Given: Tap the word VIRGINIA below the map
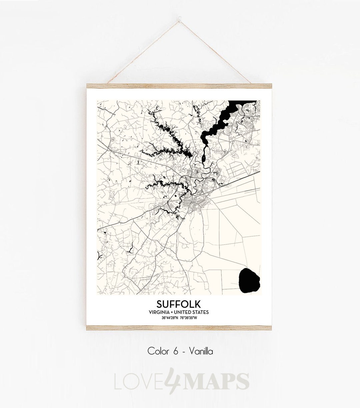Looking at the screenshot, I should [x=161, y=312].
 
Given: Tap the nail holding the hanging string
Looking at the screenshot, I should [x=180, y=14].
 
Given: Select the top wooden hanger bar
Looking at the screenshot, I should [x=180, y=86].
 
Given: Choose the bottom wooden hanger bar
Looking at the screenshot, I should [x=180, y=328].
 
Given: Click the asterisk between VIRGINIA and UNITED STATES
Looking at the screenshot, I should [x=176, y=312].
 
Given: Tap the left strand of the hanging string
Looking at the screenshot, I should [x=133, y=48].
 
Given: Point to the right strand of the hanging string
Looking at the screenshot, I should [x=227, y=48].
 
